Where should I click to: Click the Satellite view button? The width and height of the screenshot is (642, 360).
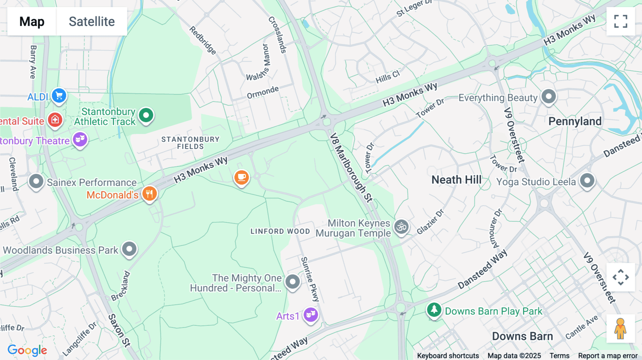coord(92,21)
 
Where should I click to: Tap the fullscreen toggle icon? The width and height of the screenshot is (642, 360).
coord(621,21)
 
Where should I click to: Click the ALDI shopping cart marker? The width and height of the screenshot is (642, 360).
coord(59,96)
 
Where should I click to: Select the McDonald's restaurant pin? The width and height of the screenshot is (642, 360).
coord(149,194)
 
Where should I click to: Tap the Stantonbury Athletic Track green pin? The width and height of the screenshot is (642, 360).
coord(146,115)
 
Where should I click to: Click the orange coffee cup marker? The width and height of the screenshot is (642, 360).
coord(241,177)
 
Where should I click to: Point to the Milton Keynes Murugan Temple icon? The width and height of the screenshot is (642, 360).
coord(401,227)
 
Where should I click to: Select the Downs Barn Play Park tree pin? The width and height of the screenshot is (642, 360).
coord(434,310)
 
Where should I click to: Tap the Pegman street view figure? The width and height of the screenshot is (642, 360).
coord(620,329)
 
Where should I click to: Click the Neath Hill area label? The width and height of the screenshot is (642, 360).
coord(457,180)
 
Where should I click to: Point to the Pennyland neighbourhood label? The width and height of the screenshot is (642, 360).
coord(575,122)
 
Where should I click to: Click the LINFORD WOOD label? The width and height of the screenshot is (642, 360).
coord(280,231)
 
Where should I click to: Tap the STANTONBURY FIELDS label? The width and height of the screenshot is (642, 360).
coord(190,143)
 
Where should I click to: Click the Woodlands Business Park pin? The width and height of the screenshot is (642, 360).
coord(129,249)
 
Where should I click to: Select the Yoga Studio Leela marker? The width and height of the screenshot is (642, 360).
coord(587,181)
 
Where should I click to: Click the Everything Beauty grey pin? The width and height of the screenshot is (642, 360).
coord(549,97)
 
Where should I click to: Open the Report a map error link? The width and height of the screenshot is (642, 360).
coord(607,356)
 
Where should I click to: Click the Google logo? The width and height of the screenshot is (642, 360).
coord(27,350)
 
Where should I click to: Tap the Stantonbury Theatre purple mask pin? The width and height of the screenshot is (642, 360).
coord(80,139)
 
